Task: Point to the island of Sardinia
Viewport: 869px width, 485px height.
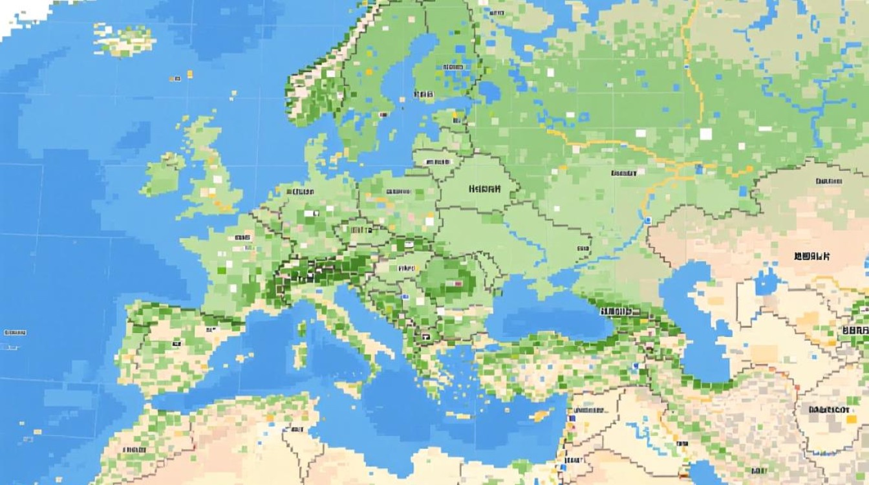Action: click(299, 353)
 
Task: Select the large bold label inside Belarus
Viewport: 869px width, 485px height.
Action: click(485, 189)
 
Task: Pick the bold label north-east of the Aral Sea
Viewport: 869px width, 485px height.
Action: click(811, 256)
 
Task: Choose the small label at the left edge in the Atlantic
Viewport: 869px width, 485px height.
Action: click(14, 332)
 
